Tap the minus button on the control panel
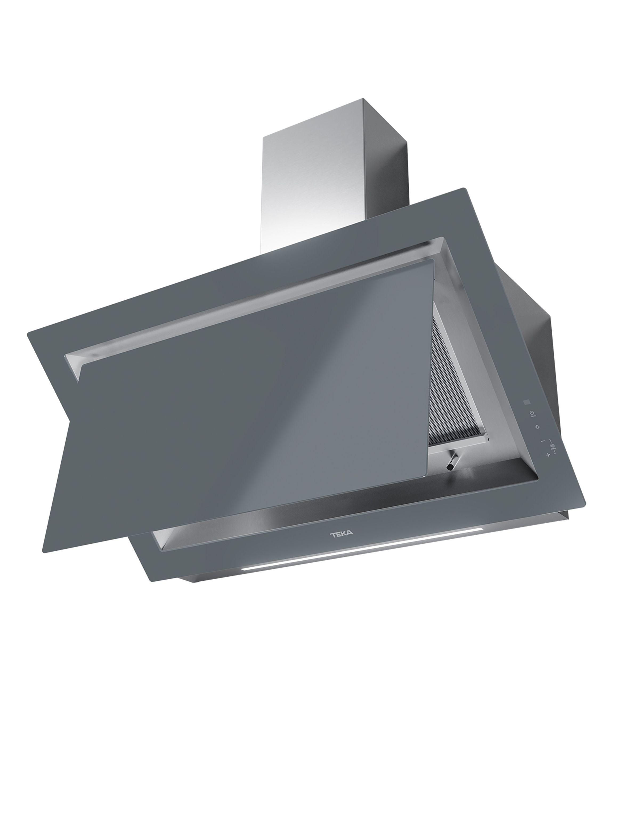542,441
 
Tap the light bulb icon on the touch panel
538,427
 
